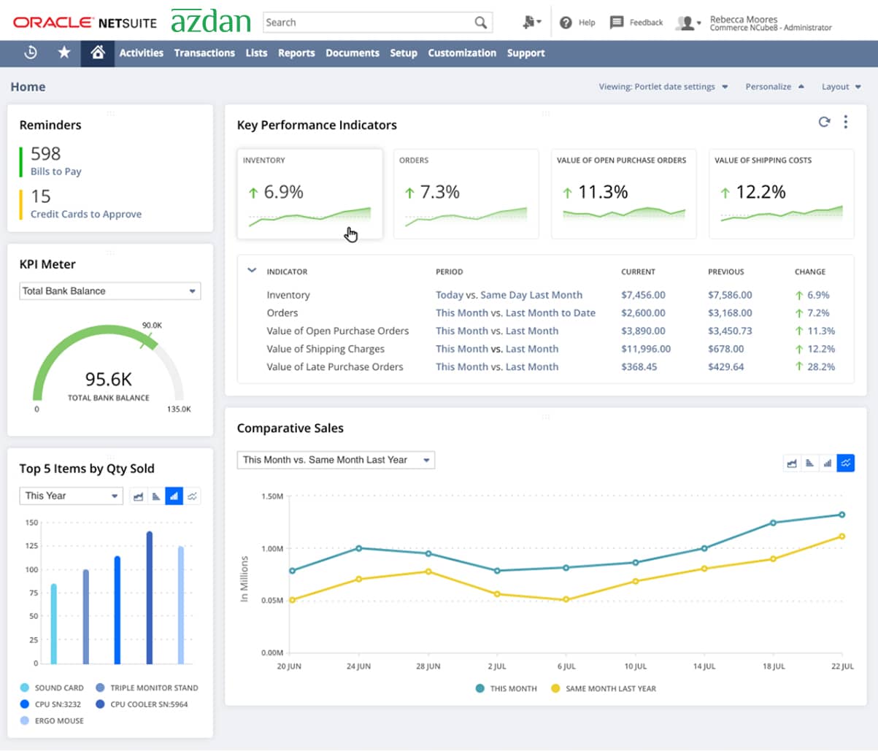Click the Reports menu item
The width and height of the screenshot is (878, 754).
click(x=296, y=53)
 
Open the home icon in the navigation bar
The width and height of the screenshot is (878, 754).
click(x=97, y=53)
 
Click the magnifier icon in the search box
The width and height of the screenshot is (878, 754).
click(x=480, y=23)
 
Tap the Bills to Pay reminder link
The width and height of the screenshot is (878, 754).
click(x=55, y=172)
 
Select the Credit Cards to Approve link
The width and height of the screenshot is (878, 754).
click(x=85, y=214)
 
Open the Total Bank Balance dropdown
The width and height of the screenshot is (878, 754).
click(x=109, y=291)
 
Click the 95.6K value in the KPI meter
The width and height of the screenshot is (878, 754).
click(x=108, y=380)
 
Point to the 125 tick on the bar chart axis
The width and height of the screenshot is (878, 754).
click(x=31, y=546)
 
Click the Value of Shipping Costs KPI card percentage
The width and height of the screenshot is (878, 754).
click(x=760, y=192)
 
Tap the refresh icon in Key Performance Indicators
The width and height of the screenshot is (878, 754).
click(x=824, y=122)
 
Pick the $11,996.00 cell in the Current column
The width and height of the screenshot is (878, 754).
click(x=645, y=349)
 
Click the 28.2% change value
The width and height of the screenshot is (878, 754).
click(x=820, y=367)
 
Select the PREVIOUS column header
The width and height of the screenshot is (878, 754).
click(x=725, y=272)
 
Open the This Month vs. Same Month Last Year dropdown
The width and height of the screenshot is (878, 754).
click(x=335, y=460)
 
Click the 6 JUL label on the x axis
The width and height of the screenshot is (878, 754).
click(x=566, y=666)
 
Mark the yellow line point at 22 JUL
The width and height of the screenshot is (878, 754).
click(x=842, y=536)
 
